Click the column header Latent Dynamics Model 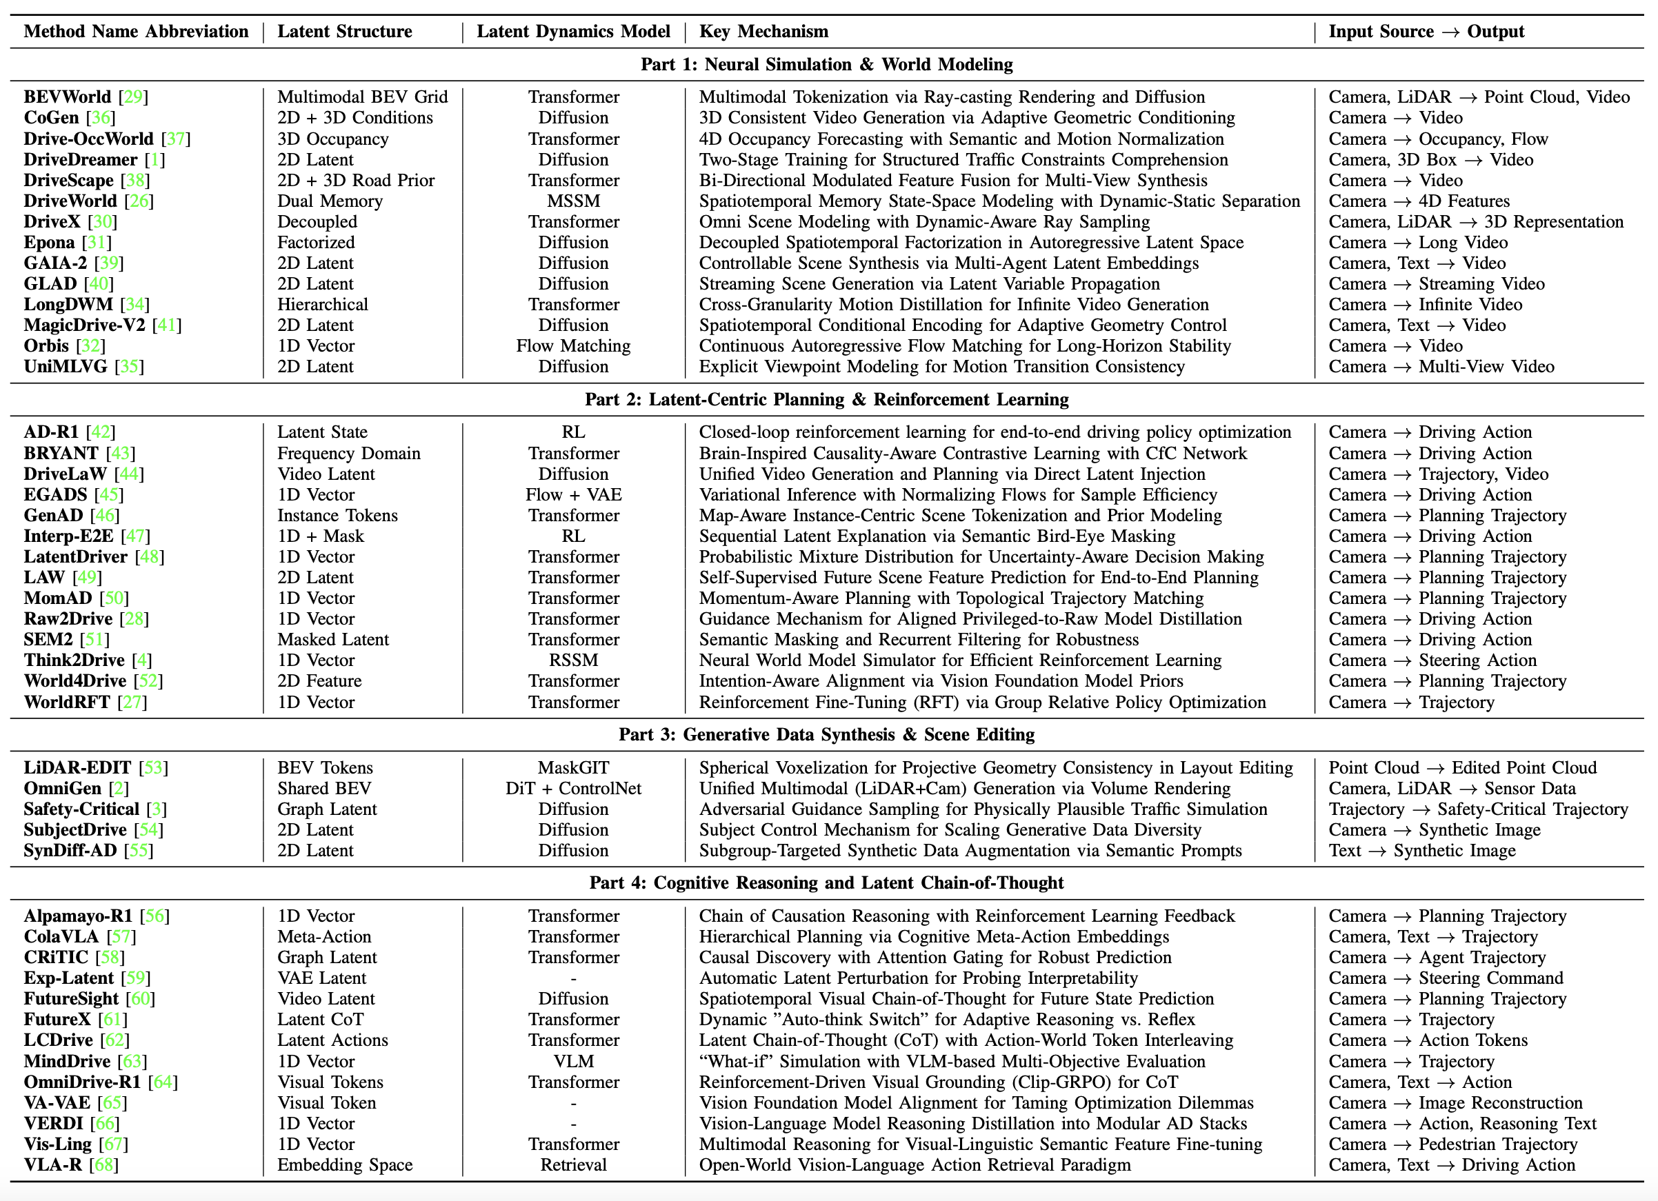[573, 32]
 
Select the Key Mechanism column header [763, 32]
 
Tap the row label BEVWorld [68, 97]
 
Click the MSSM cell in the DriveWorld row [573, 201]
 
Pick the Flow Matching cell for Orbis [573, 346]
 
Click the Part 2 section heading [826, 399]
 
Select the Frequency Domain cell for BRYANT [349, 453]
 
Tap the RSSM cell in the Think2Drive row [573, 660]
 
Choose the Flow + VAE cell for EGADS [573, 495]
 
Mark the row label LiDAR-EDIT [77, 767]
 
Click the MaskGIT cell [573, 767]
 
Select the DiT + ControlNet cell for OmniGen [573, 789]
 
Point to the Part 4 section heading [826, 882]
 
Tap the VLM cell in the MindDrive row [573, 1061]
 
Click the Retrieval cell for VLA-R [573, 1165]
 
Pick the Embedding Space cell [344, 1165]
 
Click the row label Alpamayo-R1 [78, 916]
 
